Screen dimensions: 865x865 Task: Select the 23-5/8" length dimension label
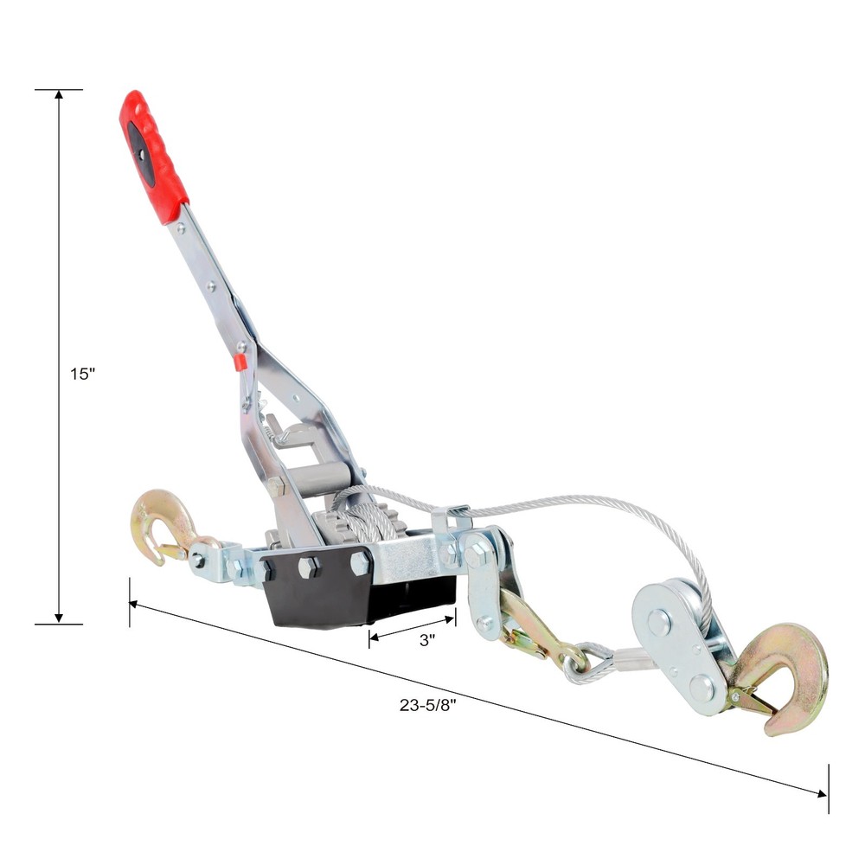click(427, 704)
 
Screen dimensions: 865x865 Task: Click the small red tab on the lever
click(240, 362)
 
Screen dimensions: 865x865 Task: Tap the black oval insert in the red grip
click(141, 152)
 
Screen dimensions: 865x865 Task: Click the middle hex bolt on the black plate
click(309, 567)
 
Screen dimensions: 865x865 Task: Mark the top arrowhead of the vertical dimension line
click(59, 93)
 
